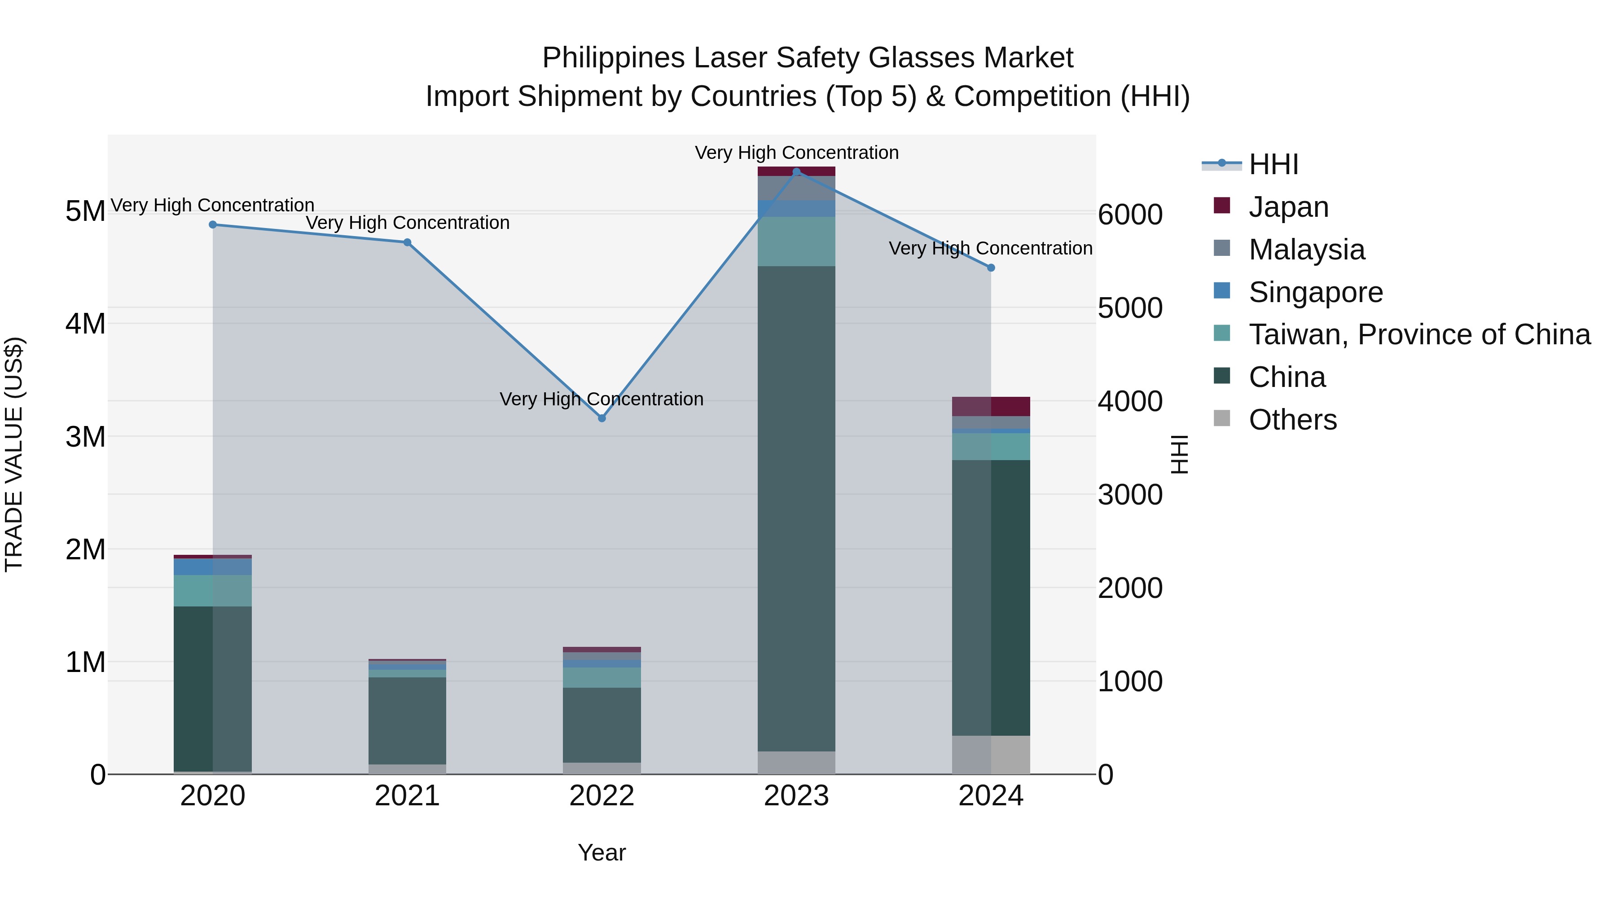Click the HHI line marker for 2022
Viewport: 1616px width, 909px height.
(x=602, y=418)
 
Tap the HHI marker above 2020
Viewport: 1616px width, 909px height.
(x=213, y=224)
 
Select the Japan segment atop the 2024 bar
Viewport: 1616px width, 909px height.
(x=991, y=407)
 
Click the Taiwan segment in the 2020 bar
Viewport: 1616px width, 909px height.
(x=213, y=590)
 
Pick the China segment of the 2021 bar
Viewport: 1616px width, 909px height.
(x=407, y=720)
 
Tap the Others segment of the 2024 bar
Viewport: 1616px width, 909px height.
(x=991, y=755)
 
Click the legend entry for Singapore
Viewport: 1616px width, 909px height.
(x=1316, y=292)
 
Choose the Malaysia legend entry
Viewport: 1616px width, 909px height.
(x=1306, y=250)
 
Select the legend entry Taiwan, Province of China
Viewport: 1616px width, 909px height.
(x=1419, y=335)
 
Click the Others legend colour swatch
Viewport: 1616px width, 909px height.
(x=1222, y=418)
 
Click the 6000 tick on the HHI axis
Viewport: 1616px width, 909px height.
(x=1130, y=215)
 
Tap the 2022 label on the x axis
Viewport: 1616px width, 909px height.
(x=602, y=796)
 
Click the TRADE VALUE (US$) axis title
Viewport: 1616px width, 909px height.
(x=14, y=454)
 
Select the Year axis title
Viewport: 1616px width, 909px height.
(x=602, y=852)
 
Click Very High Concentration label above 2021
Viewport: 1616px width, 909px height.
(x=407, y=223)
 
